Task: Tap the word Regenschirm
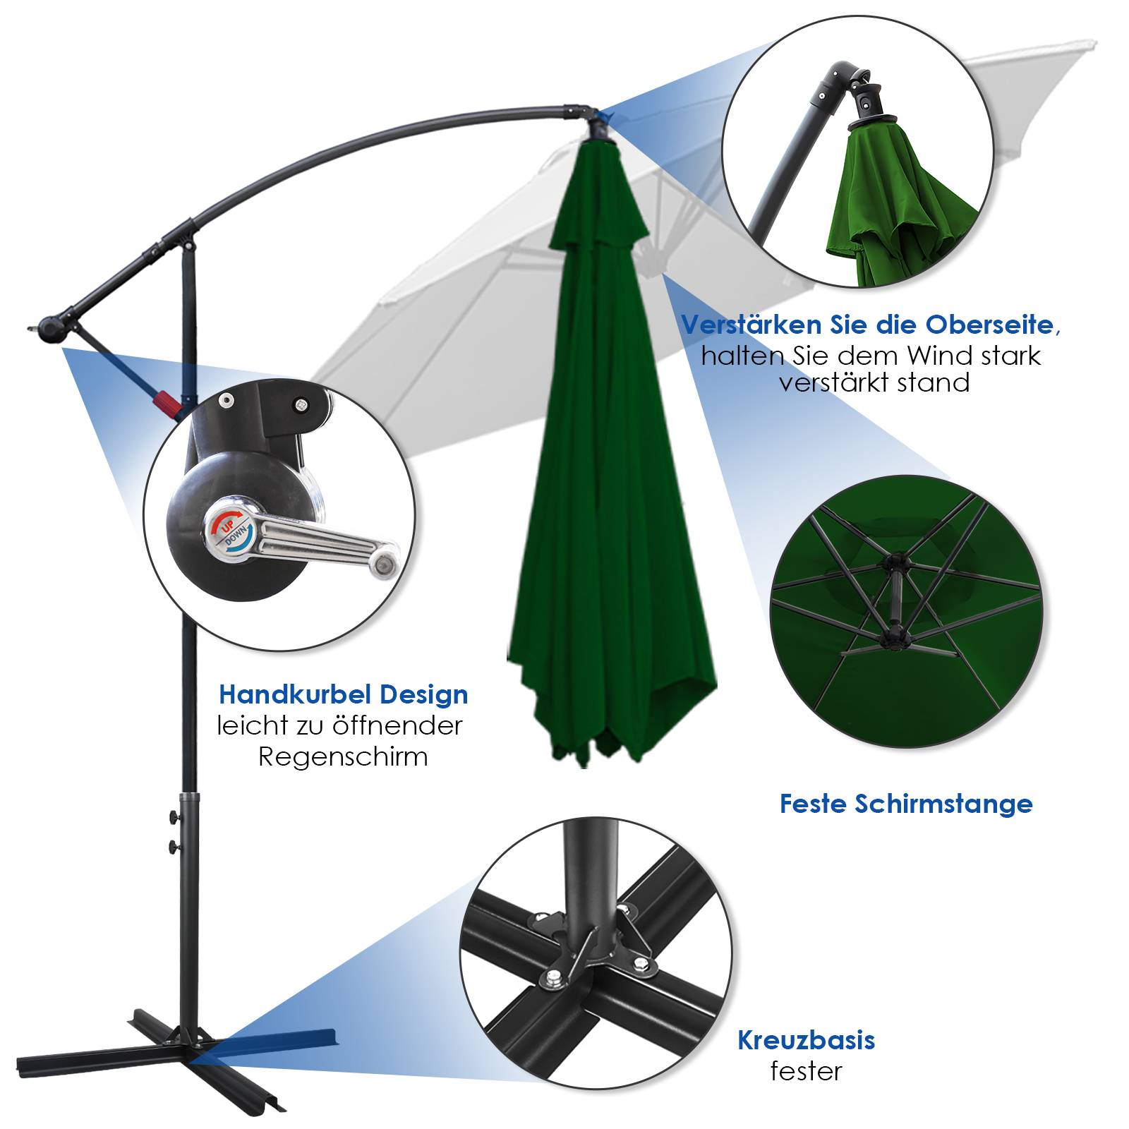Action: tap(343, 757)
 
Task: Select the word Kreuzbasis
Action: tap(806, 1040)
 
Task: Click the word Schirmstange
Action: tap(943, 804)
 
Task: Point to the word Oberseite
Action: tap(991, 325)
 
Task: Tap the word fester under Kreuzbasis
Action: tap(806, 1071)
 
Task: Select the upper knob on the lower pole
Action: tap(174, 818)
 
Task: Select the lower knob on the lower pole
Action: tap(174, 846)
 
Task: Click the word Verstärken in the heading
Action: tap(741, 325)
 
